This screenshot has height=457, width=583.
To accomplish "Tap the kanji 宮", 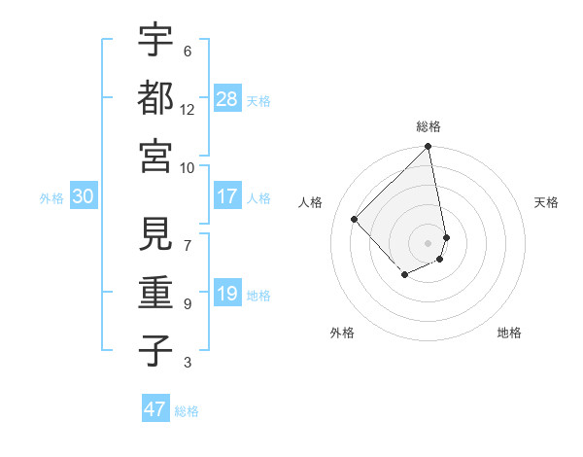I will click(155, 156).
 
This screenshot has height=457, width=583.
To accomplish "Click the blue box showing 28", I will click(226, 98).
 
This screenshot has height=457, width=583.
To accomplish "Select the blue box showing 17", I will click(226, 196).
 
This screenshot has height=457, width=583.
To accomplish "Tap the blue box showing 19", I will click(226, 294).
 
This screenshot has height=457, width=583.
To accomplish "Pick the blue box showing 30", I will click(84, 196).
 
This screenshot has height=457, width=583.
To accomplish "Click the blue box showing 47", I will click(155, 409).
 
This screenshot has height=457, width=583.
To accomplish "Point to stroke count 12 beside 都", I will click(188, 110).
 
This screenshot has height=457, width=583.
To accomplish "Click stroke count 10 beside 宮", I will click(188, 167).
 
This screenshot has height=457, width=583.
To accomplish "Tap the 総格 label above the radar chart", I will click(429, 126).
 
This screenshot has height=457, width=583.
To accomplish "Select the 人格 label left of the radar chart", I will click(311, 202).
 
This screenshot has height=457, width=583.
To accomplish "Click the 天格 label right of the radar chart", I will click(547, 202).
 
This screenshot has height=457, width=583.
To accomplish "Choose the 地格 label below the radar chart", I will click(509, 333).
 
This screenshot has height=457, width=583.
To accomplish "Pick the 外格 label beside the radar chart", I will click(342, 333).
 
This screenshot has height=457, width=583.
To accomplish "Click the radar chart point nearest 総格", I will click(429, 148).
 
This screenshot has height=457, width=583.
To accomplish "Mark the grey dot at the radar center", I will click(429, 242).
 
